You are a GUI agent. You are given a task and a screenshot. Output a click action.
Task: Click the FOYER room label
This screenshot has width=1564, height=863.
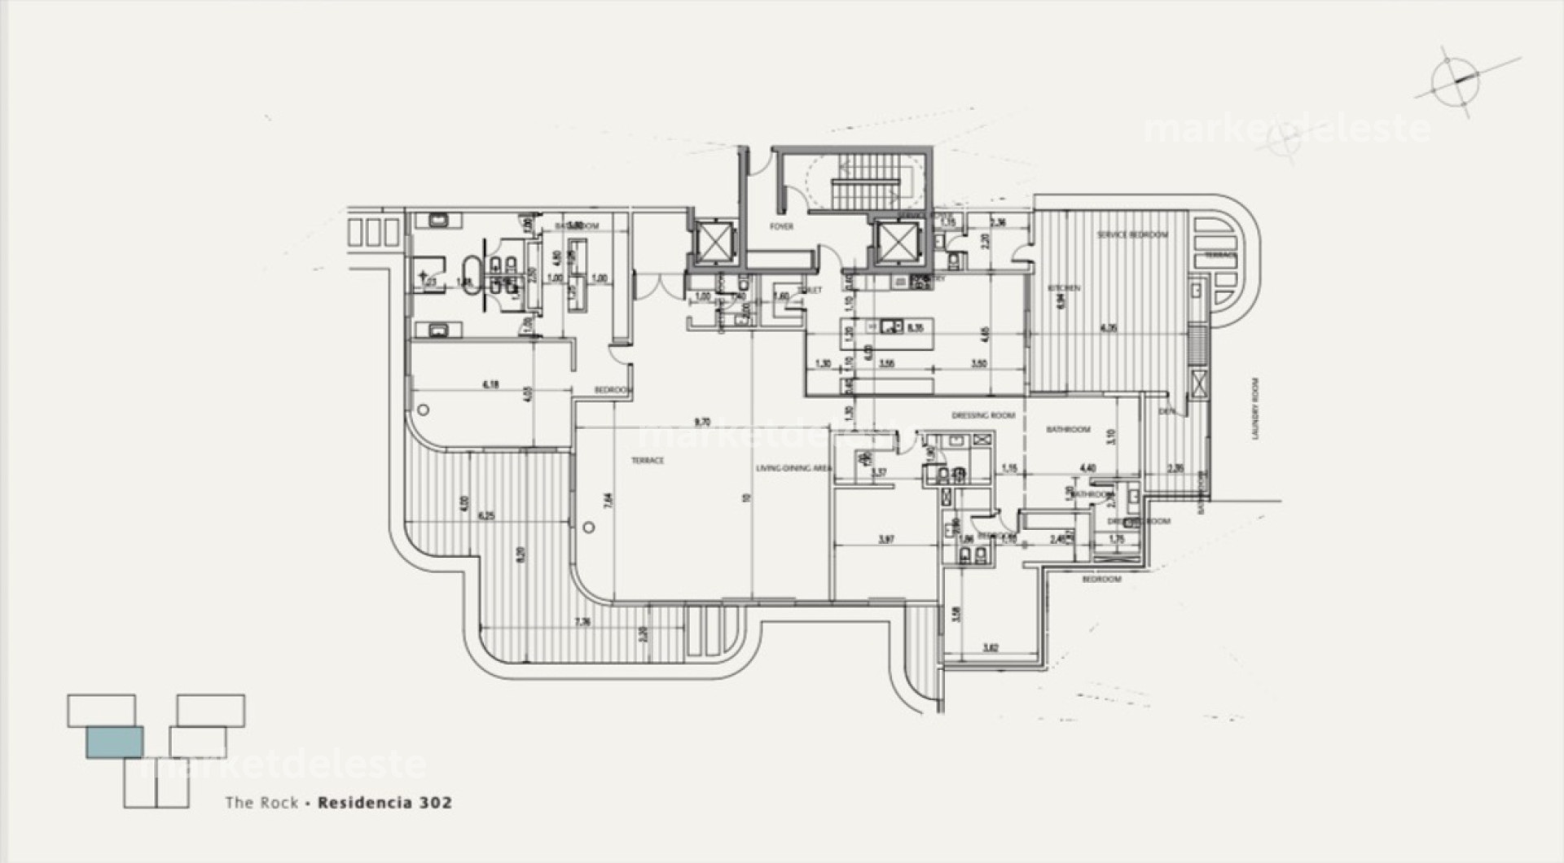(781, 226)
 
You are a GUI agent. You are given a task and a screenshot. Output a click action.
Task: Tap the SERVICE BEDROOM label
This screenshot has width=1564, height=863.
(1132, 234)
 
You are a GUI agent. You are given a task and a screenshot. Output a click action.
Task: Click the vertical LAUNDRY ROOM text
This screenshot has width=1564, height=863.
(1255, 409)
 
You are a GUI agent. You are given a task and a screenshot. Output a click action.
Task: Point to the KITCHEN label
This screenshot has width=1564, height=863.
(1065, 288)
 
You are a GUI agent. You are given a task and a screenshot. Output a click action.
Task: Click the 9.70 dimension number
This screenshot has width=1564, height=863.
(701, 422)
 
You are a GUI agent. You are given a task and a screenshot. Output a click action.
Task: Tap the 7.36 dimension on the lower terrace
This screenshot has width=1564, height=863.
(582, 622)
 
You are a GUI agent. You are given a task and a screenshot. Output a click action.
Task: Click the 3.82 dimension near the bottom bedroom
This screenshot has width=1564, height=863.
(991, 648)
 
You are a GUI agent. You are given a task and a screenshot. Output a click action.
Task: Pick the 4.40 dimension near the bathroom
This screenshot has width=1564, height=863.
(1087, 468)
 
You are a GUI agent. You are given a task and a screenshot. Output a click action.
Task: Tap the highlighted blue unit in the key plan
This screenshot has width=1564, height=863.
(115, 742)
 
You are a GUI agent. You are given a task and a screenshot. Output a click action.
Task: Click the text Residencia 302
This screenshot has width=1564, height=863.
(384, 802)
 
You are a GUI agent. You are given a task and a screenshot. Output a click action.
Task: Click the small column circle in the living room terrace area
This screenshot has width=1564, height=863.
(589, 527)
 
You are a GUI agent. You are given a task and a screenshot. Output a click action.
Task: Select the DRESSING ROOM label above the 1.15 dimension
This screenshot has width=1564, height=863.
(983, 415)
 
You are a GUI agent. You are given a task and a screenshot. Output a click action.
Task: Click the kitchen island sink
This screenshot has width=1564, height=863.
(889, 327)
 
